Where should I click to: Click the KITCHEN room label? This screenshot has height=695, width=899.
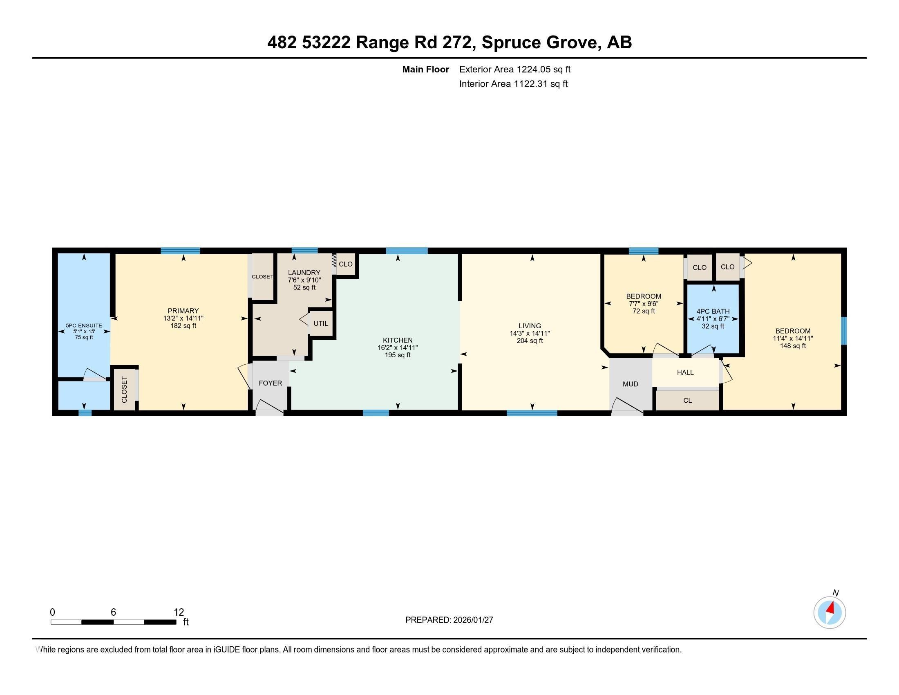[x=397, y=340]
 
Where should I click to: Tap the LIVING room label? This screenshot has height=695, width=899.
[x=529, y=326]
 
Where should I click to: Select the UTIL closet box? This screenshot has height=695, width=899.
[x=321, y=324]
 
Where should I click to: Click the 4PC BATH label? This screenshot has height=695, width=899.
[x=713, y=312]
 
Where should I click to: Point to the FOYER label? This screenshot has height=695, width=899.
[x=270, y=383]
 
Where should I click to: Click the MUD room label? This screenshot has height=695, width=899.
[x=630, y=384]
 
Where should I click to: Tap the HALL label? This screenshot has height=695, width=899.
[x=685, y=372]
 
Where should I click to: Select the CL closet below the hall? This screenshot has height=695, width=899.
[x=687, y=400]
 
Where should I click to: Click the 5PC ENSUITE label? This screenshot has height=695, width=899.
[x=83, y=326]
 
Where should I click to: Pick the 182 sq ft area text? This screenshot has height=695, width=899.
[x=183, y=326]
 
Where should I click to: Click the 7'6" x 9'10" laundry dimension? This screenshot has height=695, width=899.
[x=304, y=280]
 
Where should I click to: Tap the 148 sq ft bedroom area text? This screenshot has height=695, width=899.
[x=792, y=346]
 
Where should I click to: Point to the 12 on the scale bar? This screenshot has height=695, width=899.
[x=179, y=612]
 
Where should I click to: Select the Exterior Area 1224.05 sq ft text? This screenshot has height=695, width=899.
[x=514, y=69]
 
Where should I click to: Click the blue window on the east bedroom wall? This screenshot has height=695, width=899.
[x=843, y=331]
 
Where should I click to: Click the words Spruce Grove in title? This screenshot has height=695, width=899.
[x=540, y=43]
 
